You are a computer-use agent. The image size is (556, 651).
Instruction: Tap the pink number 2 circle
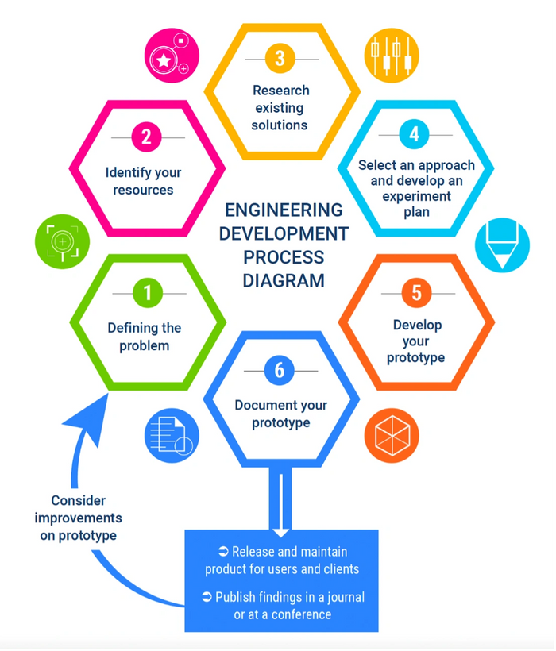tap(147, 137)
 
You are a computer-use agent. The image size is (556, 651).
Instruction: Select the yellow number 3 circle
tap(280, 58)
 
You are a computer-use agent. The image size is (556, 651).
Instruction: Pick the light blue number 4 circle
tap(414, 134)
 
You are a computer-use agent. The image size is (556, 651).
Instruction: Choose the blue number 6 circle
tap(280, 370)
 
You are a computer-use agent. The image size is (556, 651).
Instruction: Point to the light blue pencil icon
tap(502, 245)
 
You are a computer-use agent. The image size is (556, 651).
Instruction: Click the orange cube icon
tap(391, 437)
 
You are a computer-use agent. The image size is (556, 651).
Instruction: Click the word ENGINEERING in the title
tap(284, 210)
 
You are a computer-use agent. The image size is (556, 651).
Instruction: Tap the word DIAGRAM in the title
tap(284, 280)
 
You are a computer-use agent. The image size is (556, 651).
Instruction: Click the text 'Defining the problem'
tap(145, 337)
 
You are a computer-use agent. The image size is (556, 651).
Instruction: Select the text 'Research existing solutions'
tap(280, 108)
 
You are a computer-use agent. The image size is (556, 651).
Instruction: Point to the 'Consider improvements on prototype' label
tap(78, 518)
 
